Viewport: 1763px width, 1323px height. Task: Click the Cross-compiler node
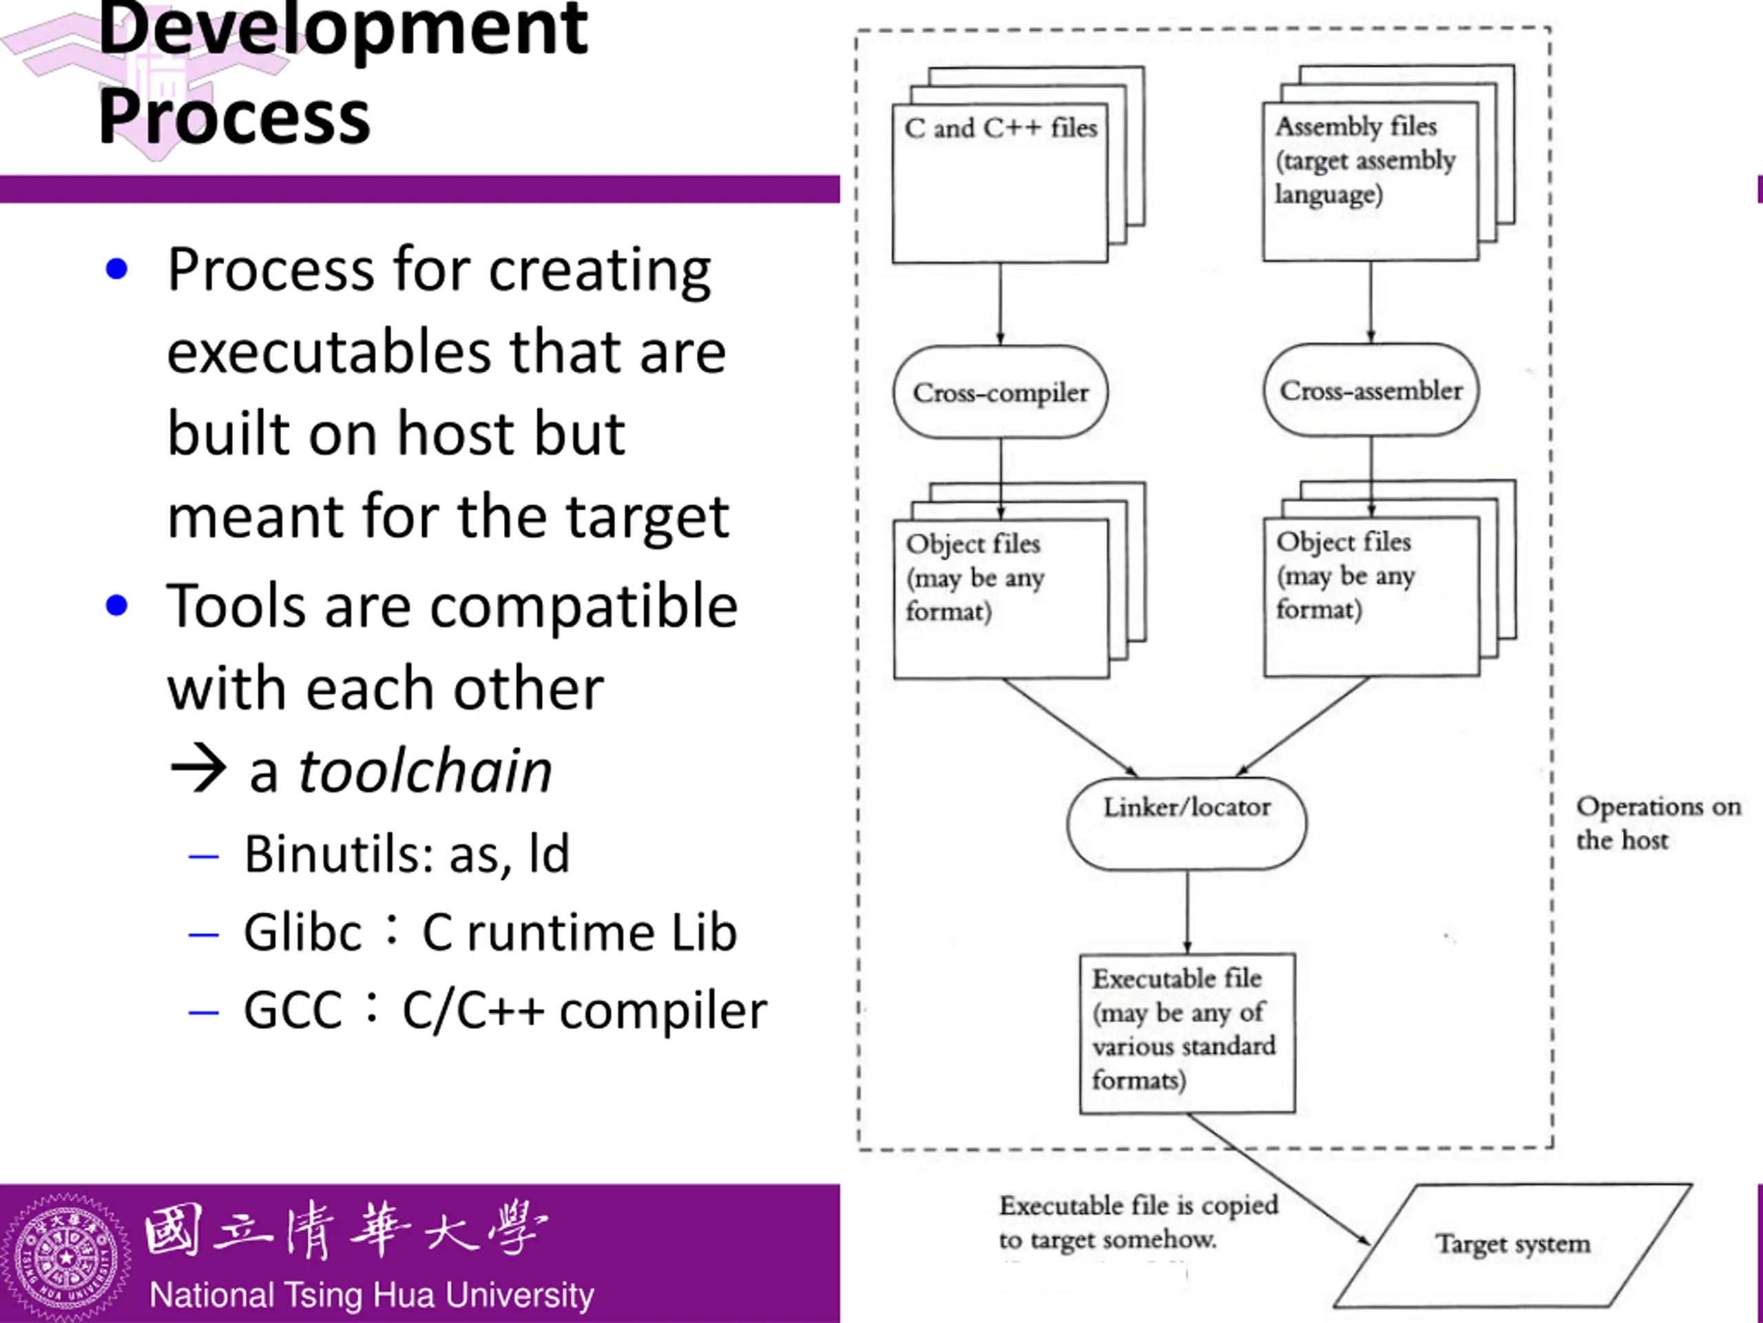[1000, 392]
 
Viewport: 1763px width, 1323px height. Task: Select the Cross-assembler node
[1371, 390]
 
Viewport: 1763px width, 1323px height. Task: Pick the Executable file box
[1187, 1033]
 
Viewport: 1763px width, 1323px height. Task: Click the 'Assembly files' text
[1357, 126]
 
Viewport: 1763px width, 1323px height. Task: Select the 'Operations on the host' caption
[1658, 822]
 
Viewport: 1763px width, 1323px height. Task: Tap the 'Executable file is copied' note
[1139, 1204]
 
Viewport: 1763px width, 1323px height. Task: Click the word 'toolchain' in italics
[425, 771]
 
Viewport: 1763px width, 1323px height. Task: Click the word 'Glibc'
[303, 932]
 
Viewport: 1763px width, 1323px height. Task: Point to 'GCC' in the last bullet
[293, 1009]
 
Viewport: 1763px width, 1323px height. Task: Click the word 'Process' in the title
[234, 116]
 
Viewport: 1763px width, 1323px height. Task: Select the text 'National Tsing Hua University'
[371, 1295]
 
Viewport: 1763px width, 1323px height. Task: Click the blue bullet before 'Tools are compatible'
[116, 605]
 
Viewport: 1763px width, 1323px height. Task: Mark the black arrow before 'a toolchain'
[198, 768]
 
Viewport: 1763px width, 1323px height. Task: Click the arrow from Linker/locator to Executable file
[1187, 912]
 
